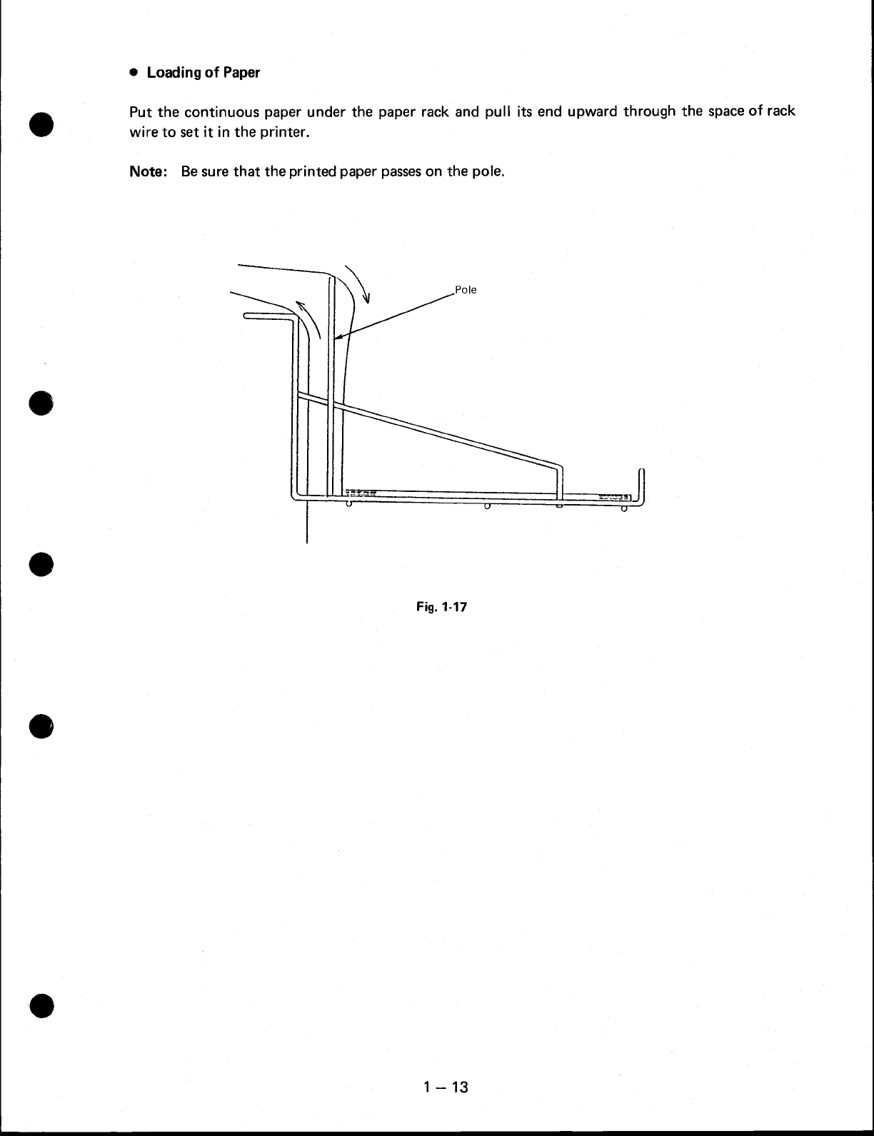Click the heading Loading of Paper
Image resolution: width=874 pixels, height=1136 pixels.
coord(204,73)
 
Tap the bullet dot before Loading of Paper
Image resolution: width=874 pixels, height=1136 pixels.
coord(133,73)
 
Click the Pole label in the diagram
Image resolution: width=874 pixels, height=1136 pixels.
coord(466,290)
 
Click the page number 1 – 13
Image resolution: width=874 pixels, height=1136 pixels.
coord(444,1087)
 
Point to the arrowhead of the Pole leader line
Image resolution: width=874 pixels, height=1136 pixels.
coord(336,338)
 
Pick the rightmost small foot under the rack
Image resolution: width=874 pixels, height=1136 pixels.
coord(624,508)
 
